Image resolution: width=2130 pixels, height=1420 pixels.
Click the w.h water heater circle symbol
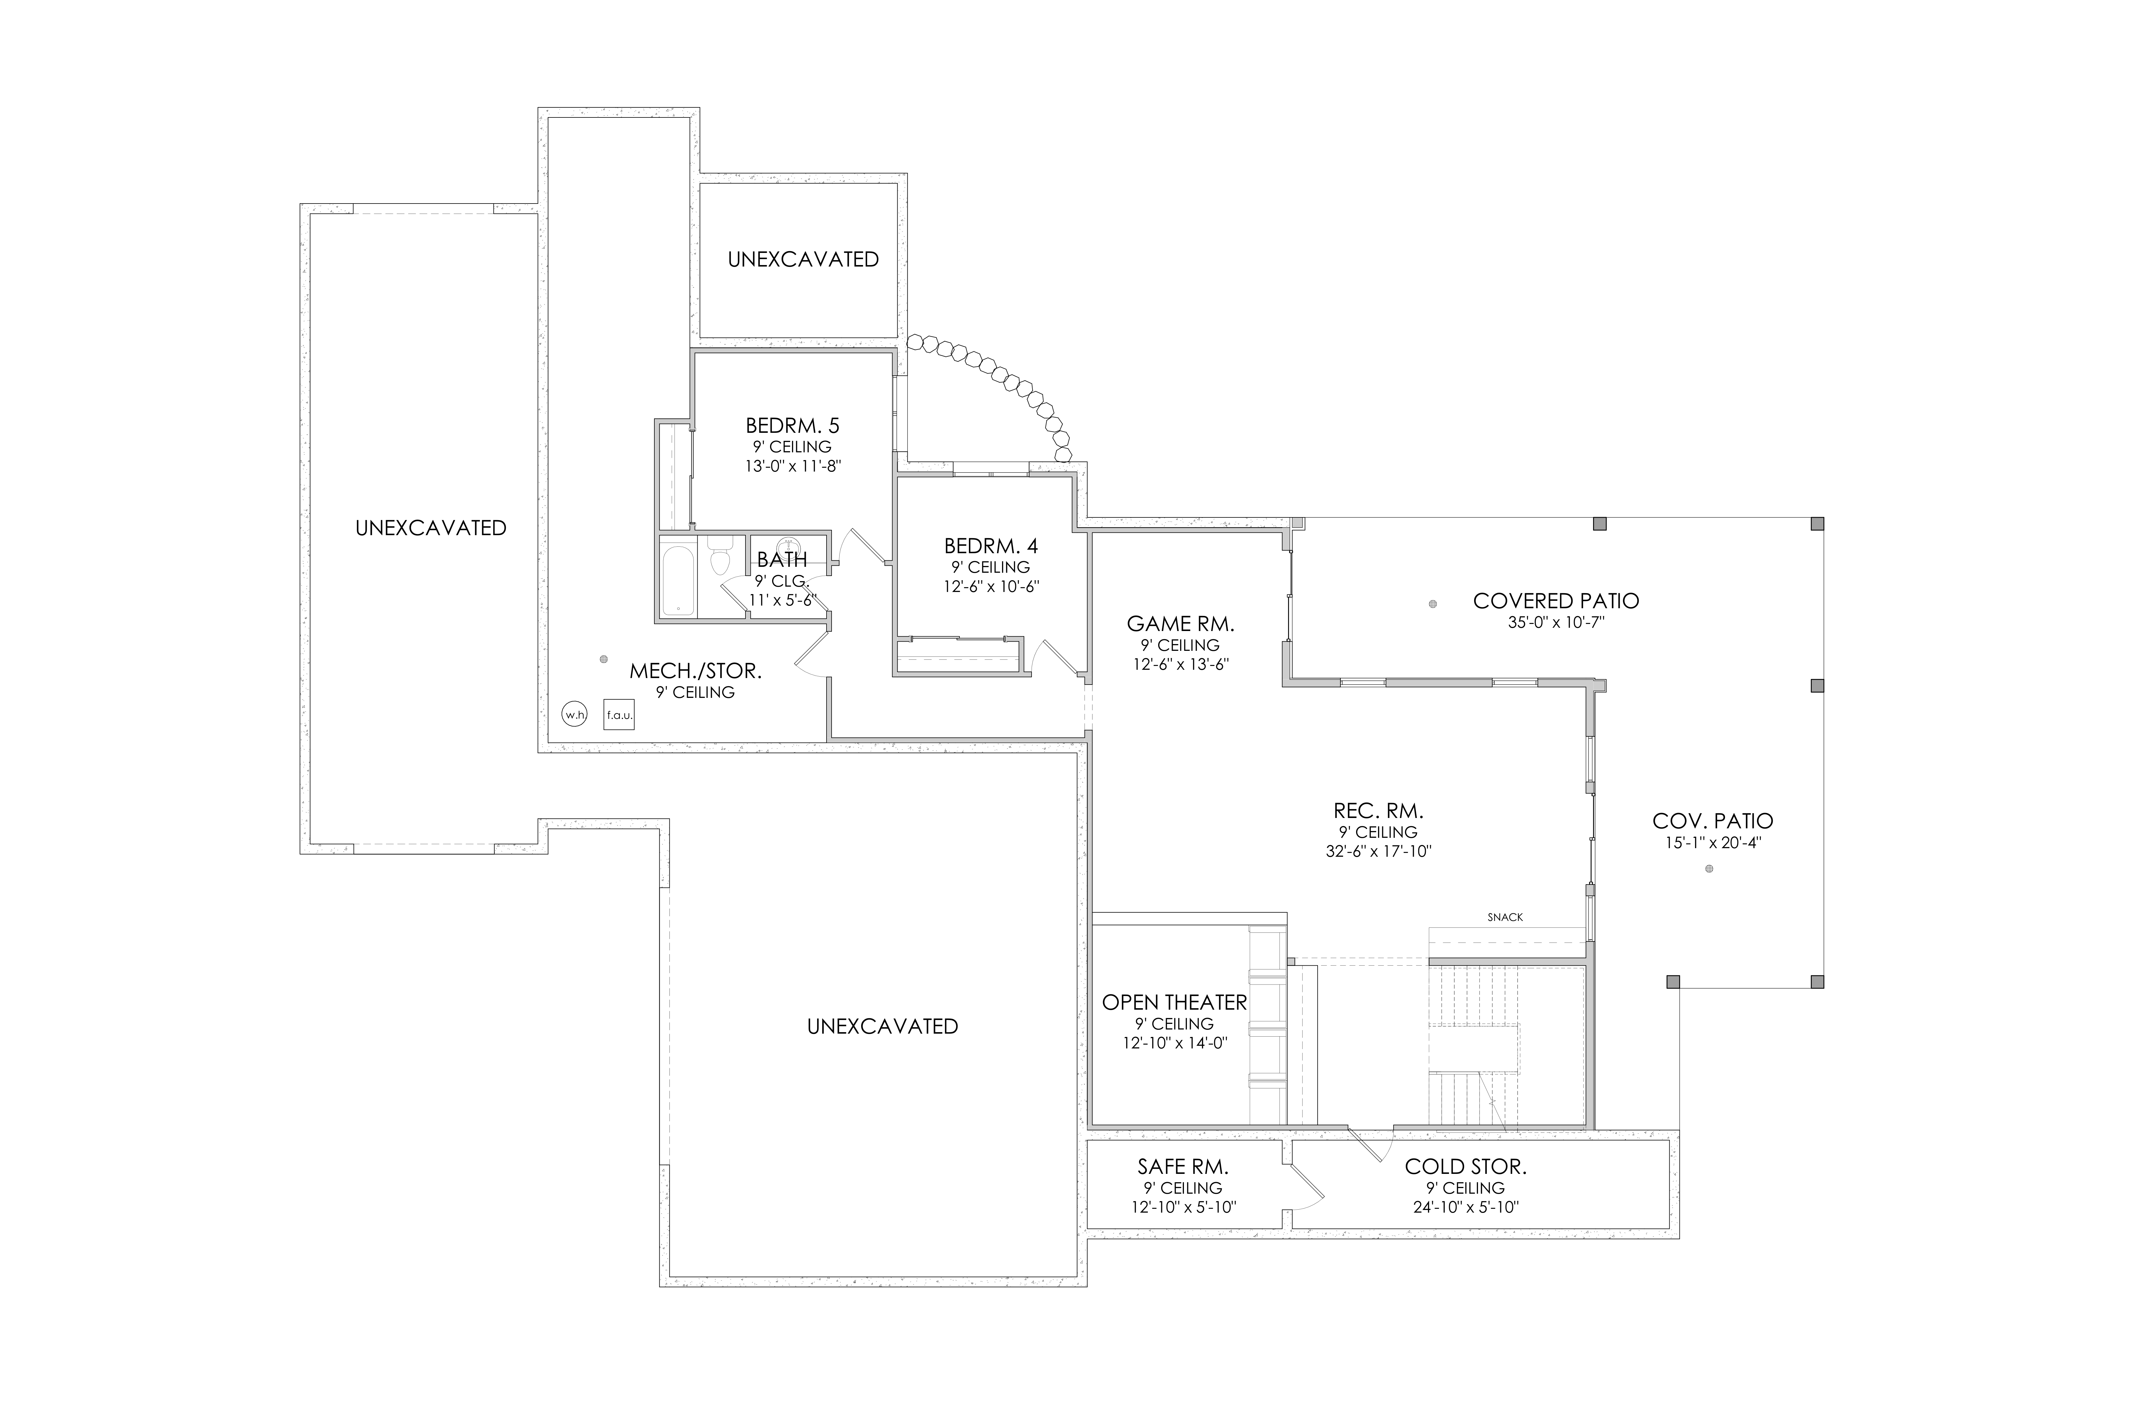(x=574, y=714)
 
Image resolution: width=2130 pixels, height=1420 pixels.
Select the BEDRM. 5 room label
(x=793, y=426)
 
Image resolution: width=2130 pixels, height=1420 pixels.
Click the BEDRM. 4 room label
(x=991, y=546)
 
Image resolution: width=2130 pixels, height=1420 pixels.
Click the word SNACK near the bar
(x=1505, y=917)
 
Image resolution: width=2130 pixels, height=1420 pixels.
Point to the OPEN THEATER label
(x=1174, y=1003)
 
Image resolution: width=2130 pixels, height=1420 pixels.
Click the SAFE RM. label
(x=1183, y=1167)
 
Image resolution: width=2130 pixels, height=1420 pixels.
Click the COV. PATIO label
(x=1713, y=822)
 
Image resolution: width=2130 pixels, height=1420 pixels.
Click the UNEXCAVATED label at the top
(x=803, y=259)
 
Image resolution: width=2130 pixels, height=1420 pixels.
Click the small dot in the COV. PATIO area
(x=1709, y=869)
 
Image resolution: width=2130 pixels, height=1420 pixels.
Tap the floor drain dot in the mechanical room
(x=603, y=659)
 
